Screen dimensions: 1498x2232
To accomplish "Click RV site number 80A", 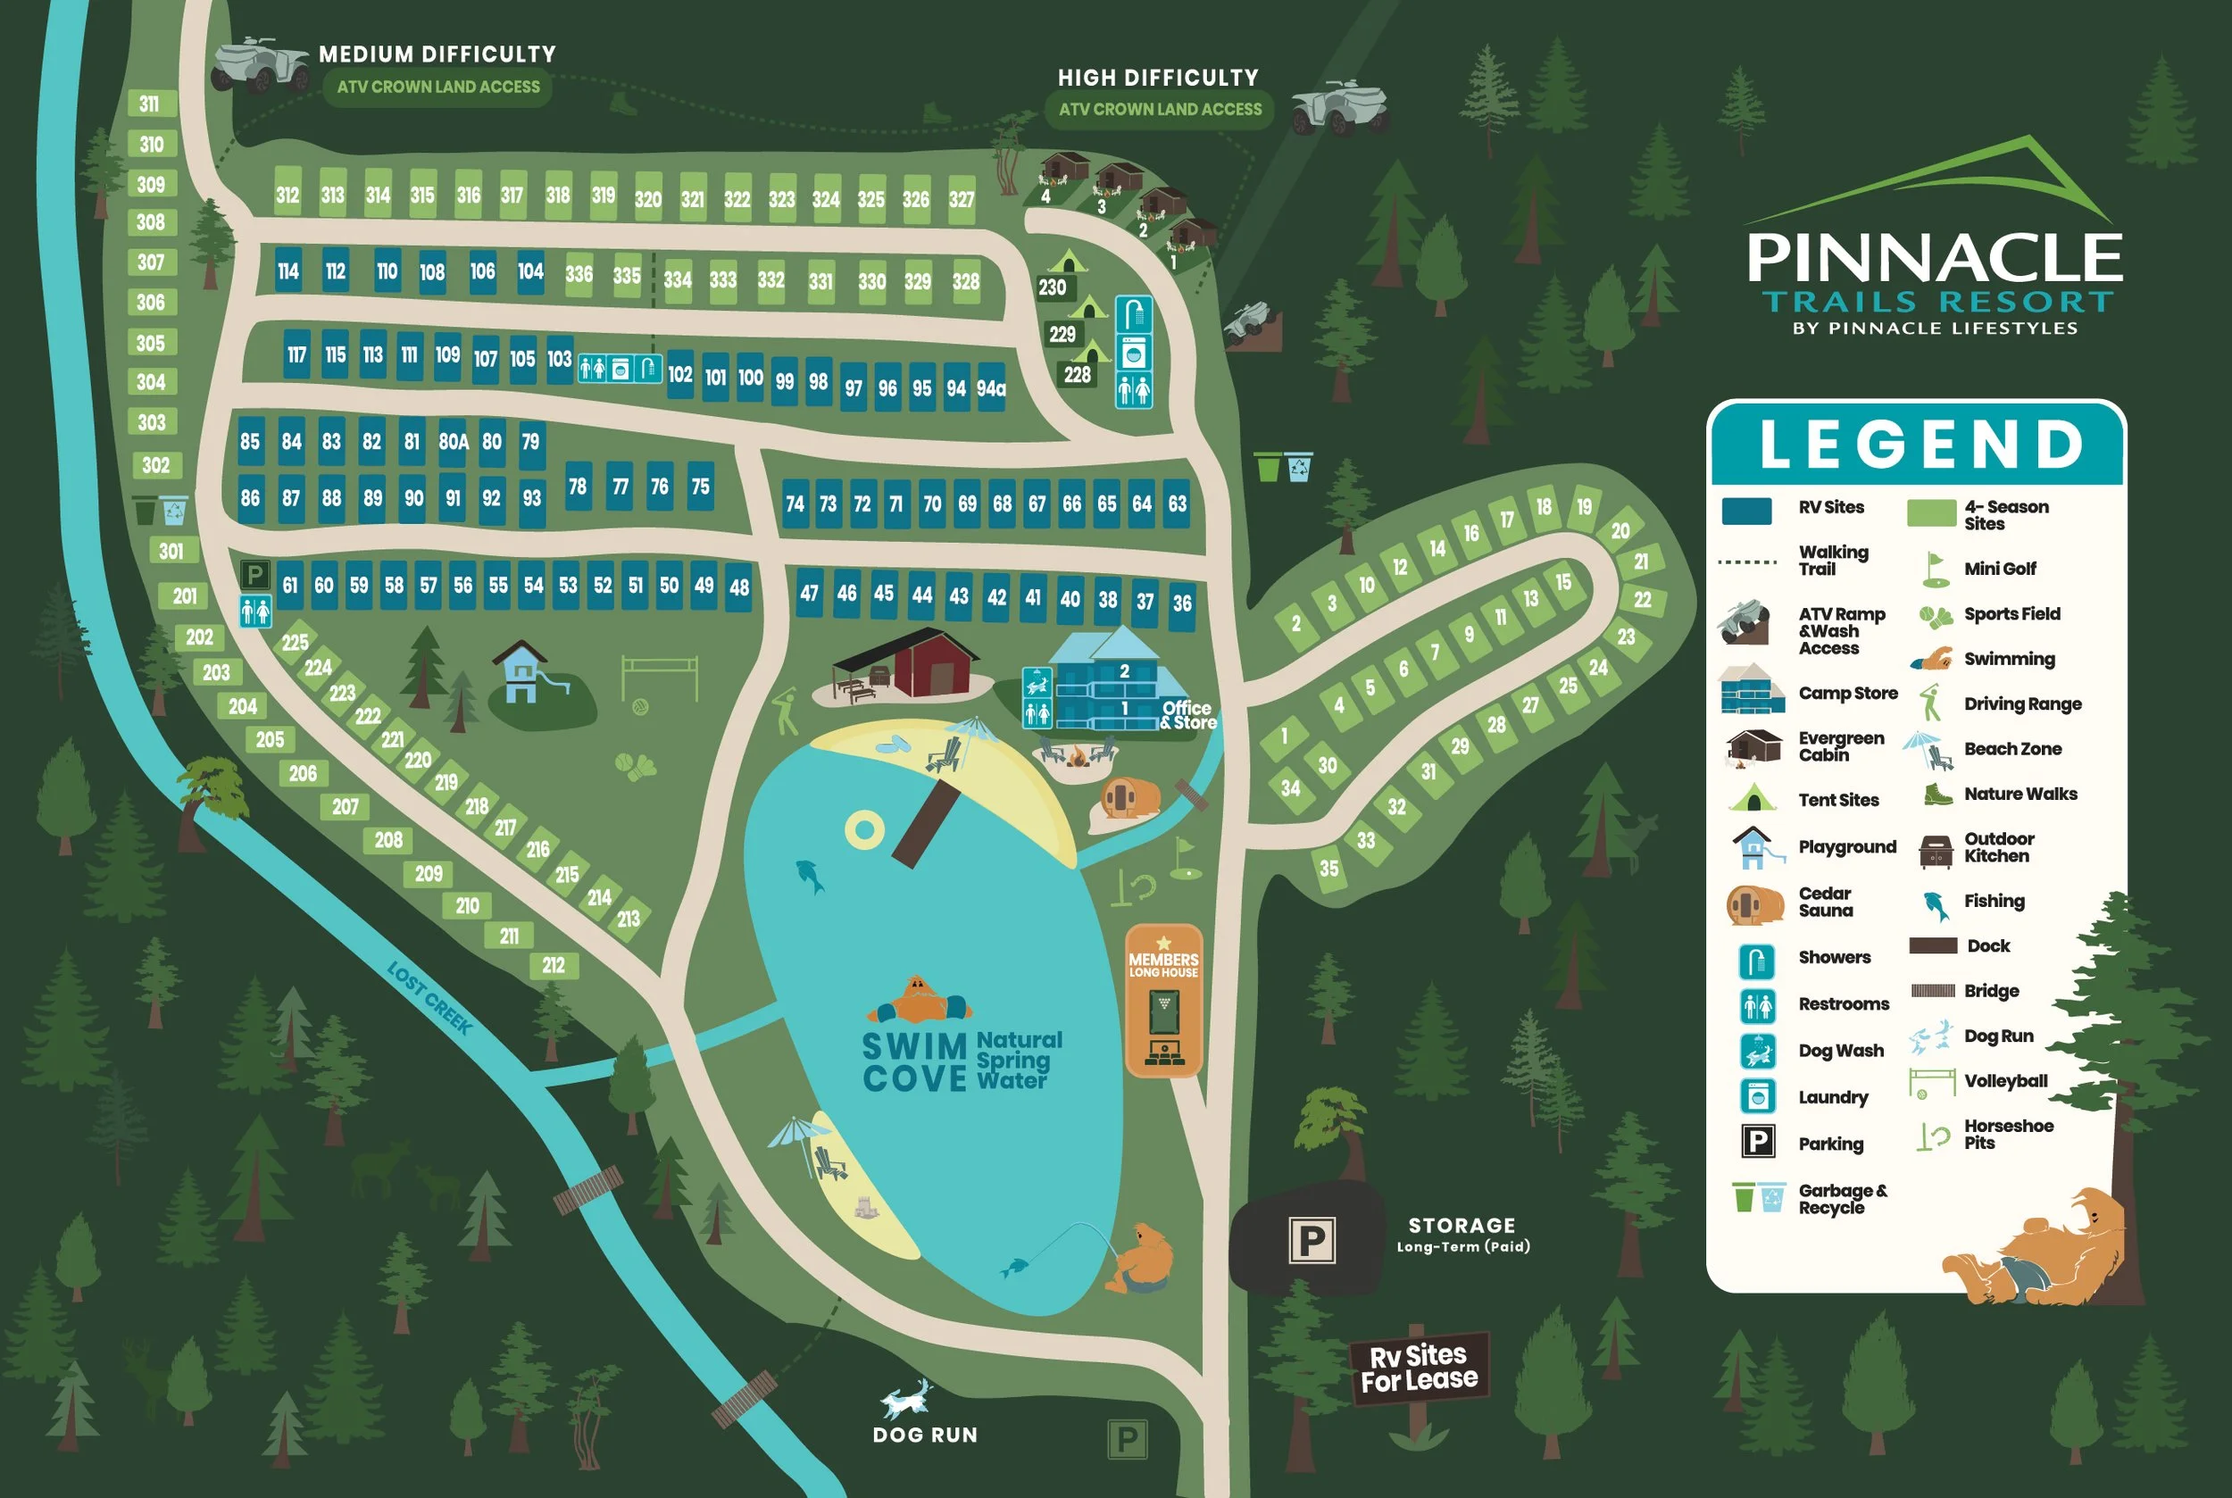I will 453,442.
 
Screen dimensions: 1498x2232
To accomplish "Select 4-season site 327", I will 962,199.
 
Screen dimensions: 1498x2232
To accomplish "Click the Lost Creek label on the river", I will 429,997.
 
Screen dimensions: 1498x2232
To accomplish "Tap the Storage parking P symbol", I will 1312,1241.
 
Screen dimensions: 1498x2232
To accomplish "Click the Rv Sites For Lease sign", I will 1419,1368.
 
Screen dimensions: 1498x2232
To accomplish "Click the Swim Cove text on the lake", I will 915,1062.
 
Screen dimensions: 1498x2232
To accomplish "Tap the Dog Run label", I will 924,1435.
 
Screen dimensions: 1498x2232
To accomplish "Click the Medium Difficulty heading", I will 437,54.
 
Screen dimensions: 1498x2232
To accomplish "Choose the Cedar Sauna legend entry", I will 1825,902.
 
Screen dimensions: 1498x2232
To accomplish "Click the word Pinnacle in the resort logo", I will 1934,258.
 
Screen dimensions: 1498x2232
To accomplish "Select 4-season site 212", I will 554,966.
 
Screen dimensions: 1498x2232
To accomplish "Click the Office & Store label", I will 1187,714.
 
